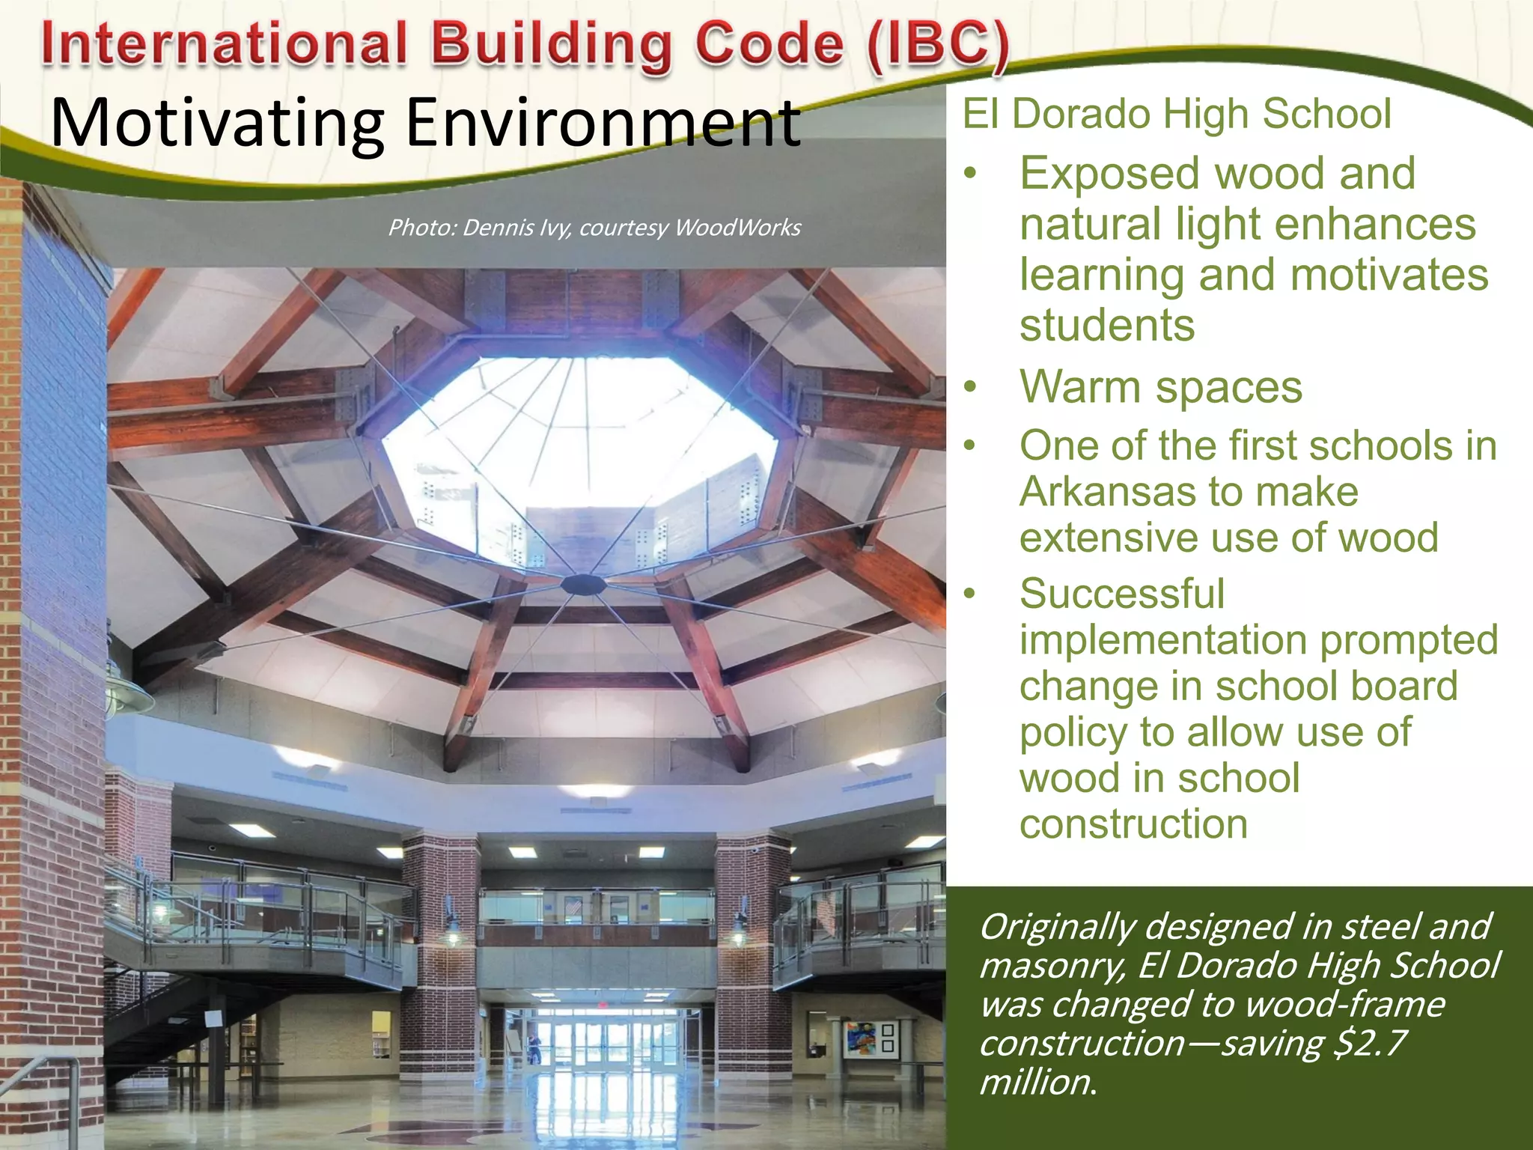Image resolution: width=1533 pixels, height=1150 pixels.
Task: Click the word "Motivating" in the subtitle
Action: [217, 124]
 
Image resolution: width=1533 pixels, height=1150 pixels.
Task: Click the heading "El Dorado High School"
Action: [1177, 114]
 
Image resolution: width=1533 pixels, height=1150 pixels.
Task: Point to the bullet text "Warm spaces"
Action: [1161, 388]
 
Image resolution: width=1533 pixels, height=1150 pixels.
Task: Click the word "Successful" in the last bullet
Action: [1121, 594]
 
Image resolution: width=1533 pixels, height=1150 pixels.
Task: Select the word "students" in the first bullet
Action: [1107, 326]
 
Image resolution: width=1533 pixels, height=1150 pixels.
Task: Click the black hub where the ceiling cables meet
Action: [585, 584]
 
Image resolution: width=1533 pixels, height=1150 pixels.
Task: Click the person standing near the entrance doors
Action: [534, 1048]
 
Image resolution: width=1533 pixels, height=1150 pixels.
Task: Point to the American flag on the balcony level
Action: [573, 907]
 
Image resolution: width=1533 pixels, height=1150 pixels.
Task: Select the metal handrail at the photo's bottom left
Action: [45, 1078]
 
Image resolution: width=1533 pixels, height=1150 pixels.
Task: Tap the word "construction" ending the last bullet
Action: [1133, 825]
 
